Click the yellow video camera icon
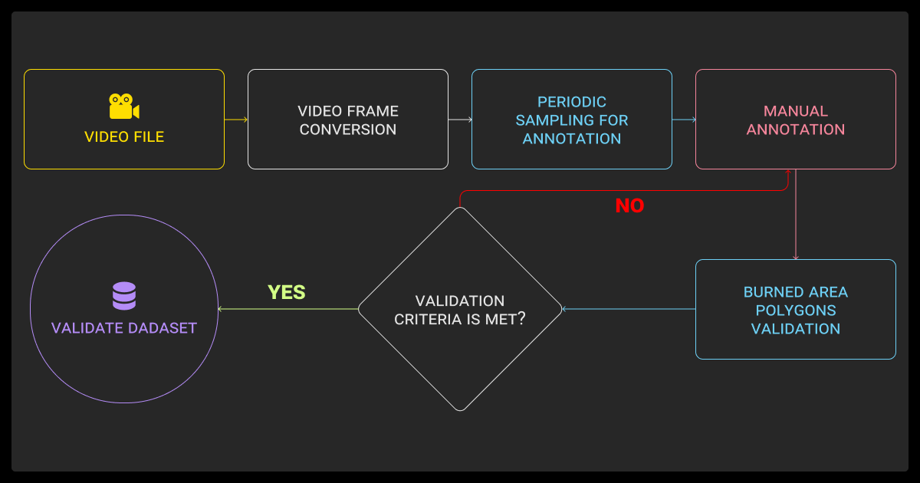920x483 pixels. (x=123, y=107)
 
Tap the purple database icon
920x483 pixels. (x=123, y=296)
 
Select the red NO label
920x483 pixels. (x=629, y=206)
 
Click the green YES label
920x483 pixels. (x=287, y=292)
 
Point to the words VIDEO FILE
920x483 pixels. (x=124, y=137)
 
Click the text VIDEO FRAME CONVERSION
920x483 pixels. (x=348, y=120)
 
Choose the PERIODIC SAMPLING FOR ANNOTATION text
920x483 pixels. (x=572, y=120)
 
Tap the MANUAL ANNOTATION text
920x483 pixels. (x=796, y=120)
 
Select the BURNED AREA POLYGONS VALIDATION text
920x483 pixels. (x=796, y=310)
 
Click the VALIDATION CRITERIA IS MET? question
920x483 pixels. (x=460, y=310)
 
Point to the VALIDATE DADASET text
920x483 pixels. (x=124, y=328)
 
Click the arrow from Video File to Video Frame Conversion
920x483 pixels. (x=236, y=120)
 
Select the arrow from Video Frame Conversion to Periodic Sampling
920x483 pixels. (x=460, y=120)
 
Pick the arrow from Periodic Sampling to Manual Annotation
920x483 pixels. (x=684, y=120)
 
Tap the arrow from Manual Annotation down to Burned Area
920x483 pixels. (x=796, y=215)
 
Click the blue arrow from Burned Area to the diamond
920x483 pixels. (x=629, y=309)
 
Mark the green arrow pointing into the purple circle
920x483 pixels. (x=288, y=309)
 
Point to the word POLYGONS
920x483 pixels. (x=796, y=310)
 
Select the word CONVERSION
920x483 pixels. (x=348, y=130)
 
